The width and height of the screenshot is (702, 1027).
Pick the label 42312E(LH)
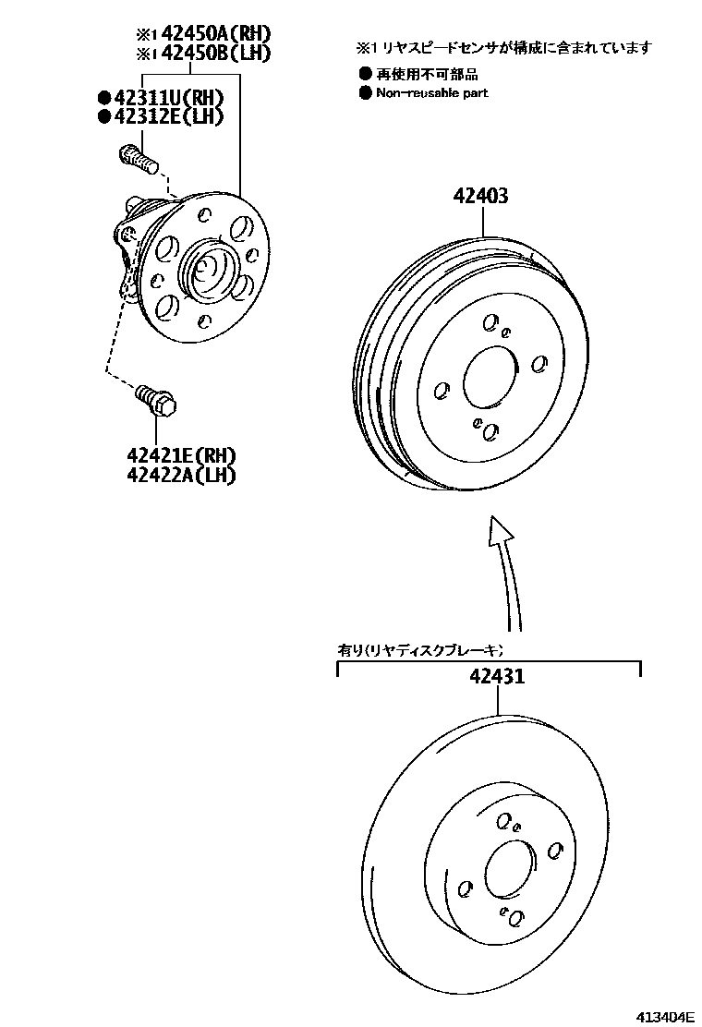(x=169, y=116)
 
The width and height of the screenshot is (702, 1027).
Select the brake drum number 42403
(x=480, y=196)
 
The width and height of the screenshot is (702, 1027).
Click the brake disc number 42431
(x=497, y=675)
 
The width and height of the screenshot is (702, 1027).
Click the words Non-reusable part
(x=431, y=92)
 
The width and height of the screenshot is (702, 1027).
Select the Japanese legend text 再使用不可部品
(x=427, y=75)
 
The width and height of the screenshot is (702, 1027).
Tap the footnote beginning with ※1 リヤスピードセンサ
(x=504, y=47)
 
